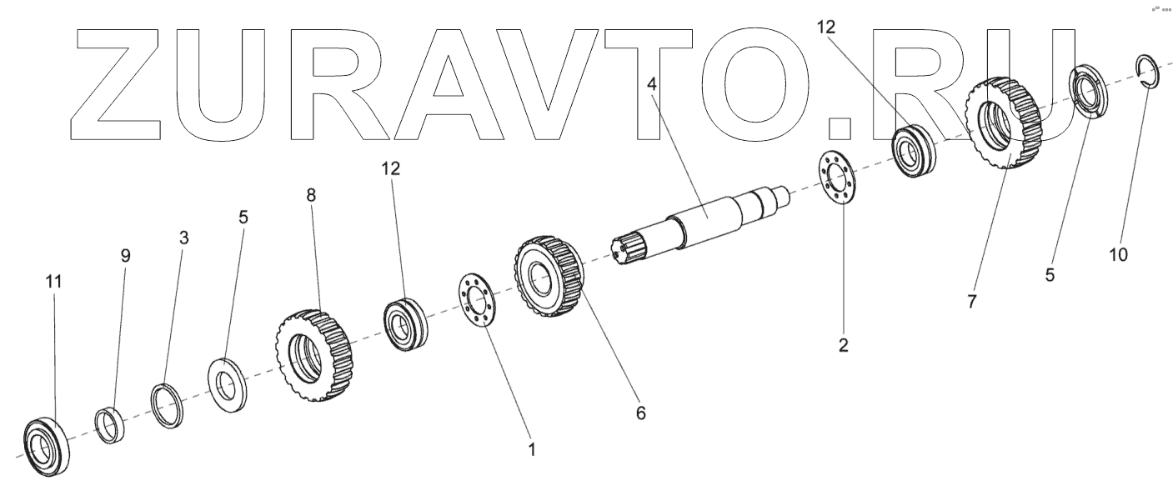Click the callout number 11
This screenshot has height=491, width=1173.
pos(53,283)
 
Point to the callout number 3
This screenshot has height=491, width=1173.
pos(184,238)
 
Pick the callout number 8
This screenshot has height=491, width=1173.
pos(312,195)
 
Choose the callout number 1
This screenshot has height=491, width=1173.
pos(532,449)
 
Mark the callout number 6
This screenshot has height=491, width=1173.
pos(640,413)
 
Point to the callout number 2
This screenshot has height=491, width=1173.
pos(844,345)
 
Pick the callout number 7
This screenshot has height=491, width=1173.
pos(971,303)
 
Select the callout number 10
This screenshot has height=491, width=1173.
pos(1118,254)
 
